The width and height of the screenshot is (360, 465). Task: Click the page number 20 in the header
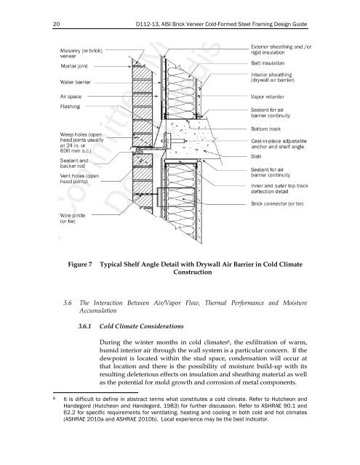click(56, 24)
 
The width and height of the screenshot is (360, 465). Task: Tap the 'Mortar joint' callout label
click(74, 66)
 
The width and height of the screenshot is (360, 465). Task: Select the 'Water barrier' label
click(76, 82)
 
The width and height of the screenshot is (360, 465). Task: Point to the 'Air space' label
click(71, 97)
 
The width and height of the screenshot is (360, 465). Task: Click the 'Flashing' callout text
click(70, 107)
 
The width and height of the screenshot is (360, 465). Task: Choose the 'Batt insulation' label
click(268, 63)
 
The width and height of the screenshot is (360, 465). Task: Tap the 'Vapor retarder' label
click(268, 97)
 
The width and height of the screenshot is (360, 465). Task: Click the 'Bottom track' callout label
click(266, 129)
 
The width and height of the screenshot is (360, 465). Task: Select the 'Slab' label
click(256, 156)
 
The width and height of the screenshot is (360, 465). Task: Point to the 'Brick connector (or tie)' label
click(277, 203)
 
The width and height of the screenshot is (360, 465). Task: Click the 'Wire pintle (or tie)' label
click(73, 218)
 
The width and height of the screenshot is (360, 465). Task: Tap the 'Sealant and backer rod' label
click(74, 163)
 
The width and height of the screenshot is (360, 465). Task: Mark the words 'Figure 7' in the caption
click(80, 264)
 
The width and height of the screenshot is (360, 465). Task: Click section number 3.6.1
click(84, 326)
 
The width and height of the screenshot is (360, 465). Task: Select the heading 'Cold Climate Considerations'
click(142, 326)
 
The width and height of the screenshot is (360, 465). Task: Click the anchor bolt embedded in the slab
click(176, 140)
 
